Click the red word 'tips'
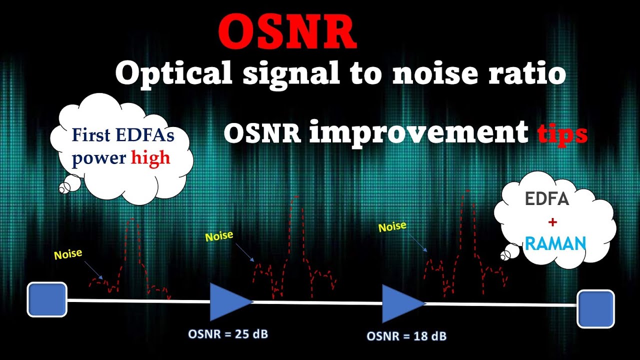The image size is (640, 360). point(561,133)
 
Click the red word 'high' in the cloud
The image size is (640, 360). point(150,158)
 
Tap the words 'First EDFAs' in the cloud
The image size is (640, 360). point(123,135)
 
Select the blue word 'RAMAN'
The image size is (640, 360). point(555,244)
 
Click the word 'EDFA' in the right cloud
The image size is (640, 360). point(547,199)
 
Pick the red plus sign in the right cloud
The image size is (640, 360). point(555,222)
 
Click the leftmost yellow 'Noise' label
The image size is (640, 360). point(68,254)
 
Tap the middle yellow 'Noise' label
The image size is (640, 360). point(219,235)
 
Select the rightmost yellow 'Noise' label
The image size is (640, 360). point(392,226)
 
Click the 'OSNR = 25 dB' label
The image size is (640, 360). point(227,334)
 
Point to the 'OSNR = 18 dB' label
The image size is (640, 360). point(406,336)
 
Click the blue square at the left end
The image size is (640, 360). point(47,299)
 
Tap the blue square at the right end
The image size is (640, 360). point(595,308)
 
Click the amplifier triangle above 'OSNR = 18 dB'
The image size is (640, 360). point(400,303)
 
